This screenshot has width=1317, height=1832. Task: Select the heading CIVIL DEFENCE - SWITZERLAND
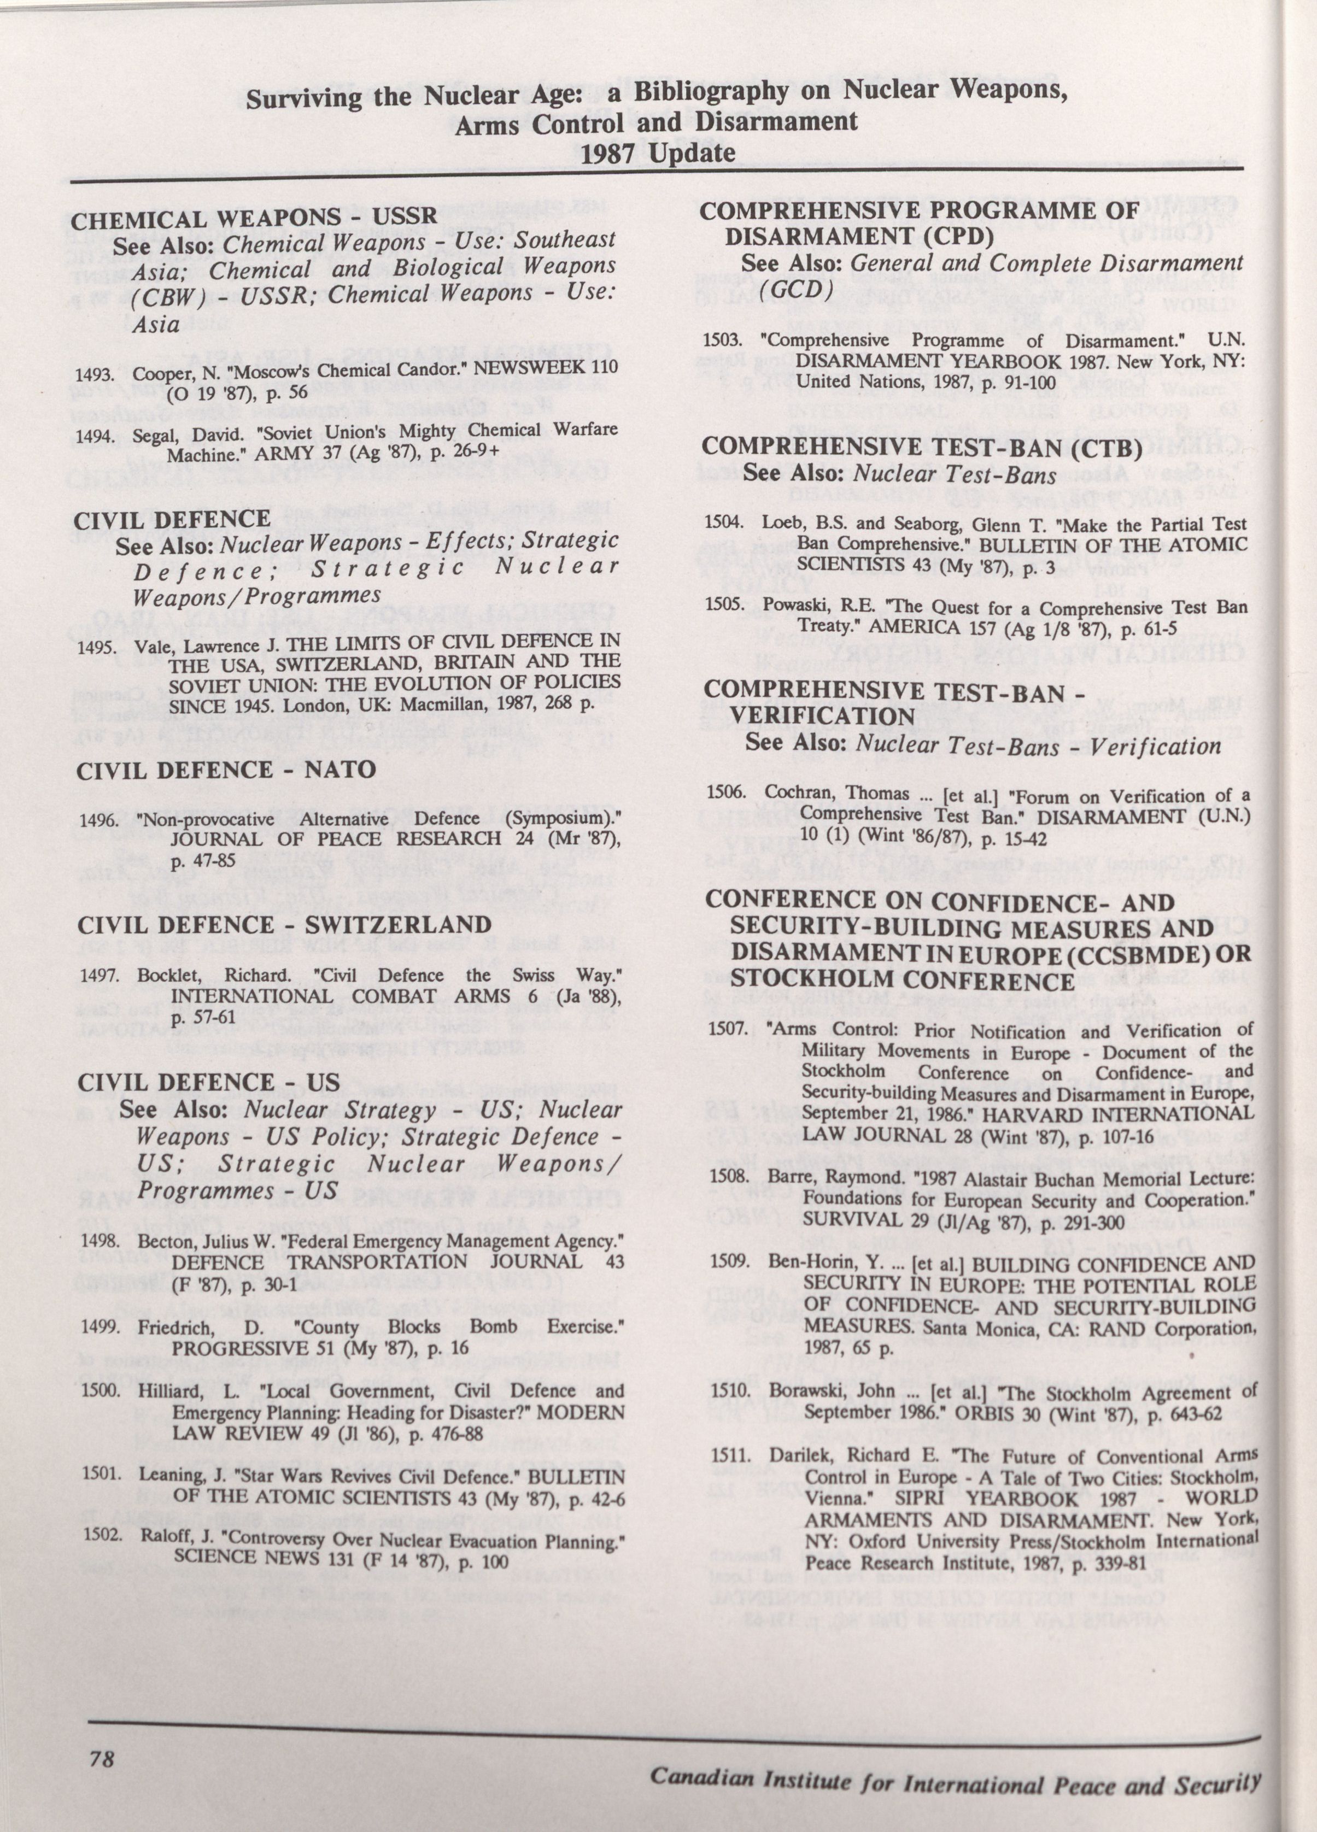284,924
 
